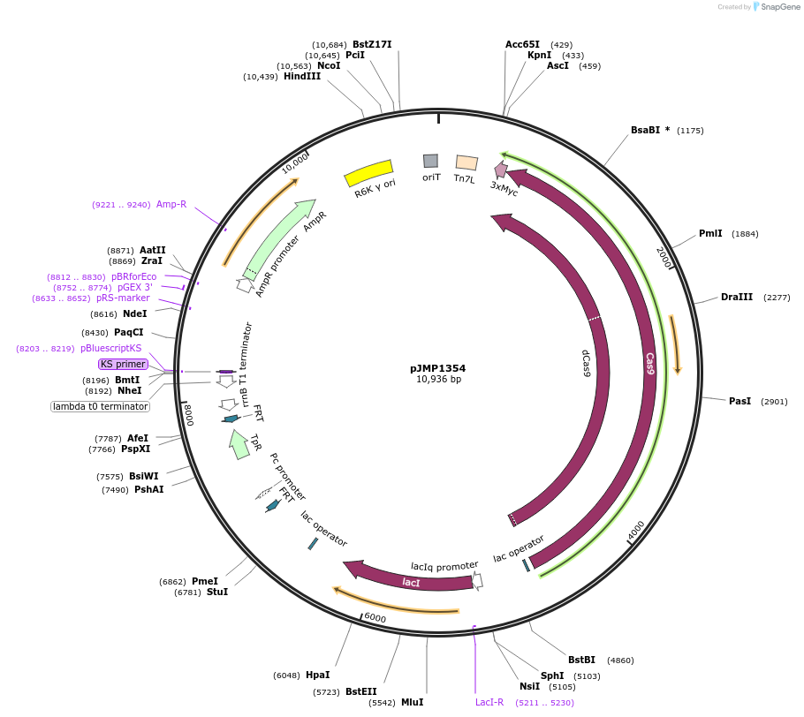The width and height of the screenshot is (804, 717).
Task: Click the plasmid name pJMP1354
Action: (x=437, y=368)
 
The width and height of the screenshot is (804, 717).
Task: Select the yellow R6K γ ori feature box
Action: (x=368, y=173)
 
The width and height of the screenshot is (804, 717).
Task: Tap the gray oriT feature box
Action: (x=430, y=161)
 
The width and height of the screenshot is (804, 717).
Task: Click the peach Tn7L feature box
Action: (x=466, y=162)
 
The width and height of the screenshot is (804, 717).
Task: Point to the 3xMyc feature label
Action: (x=504, y=188)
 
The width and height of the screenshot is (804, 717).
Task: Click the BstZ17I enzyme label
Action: (x=372, y=44)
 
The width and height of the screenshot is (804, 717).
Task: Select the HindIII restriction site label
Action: (x=302, y=77)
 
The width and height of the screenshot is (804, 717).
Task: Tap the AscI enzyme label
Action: (x=557, y=66)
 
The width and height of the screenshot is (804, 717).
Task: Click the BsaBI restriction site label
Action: (x=649, y=131)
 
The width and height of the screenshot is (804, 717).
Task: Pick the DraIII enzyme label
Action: (x=737, y=298)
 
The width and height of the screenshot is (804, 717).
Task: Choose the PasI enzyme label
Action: (x=740, y=402)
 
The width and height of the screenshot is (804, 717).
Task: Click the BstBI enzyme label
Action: (x=581, y=660)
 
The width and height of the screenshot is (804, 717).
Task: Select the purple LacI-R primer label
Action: (x=489, y=703)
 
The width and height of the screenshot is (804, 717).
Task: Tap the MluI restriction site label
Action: (x=412, y=703)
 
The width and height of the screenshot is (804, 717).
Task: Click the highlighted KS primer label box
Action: (x=123, y=364)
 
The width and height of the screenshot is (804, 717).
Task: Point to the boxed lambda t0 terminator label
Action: (x=100, y=407)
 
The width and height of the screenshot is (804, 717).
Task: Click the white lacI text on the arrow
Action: (x=411, y=582)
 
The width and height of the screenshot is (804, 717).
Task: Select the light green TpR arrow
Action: (x=239, y=444)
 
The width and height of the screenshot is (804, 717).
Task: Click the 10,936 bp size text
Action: (x=437, y=380)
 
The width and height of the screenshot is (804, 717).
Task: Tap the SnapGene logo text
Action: (x=779, y=7)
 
